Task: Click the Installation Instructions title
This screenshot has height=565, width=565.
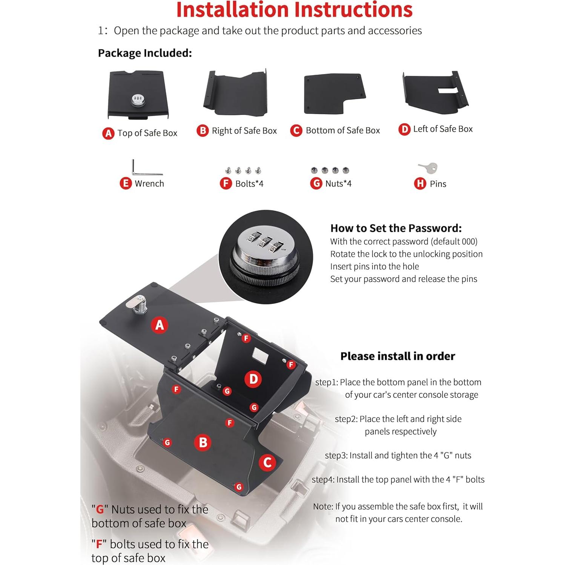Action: point(294,10)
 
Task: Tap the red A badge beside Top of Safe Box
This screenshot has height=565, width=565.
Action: point(108,133)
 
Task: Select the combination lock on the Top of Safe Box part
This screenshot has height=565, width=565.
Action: point(138,100)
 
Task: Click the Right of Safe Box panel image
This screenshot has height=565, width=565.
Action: point(235,93)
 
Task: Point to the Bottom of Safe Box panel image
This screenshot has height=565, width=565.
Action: point(334,93)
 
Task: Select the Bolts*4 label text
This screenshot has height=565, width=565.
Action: point(249,184)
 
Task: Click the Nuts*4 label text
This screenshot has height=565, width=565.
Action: point(338,184)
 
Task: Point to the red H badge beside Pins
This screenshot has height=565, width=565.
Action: point(420,184)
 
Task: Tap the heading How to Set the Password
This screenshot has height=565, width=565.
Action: point(396,228)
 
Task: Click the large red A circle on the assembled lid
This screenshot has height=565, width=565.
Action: point(160,325)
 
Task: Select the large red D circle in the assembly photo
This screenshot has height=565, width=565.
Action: point(253,379)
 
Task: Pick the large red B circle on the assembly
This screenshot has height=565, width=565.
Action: point(203,442)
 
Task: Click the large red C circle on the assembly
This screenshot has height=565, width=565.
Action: point(267,462)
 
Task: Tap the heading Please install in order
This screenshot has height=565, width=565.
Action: point(398,356)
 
